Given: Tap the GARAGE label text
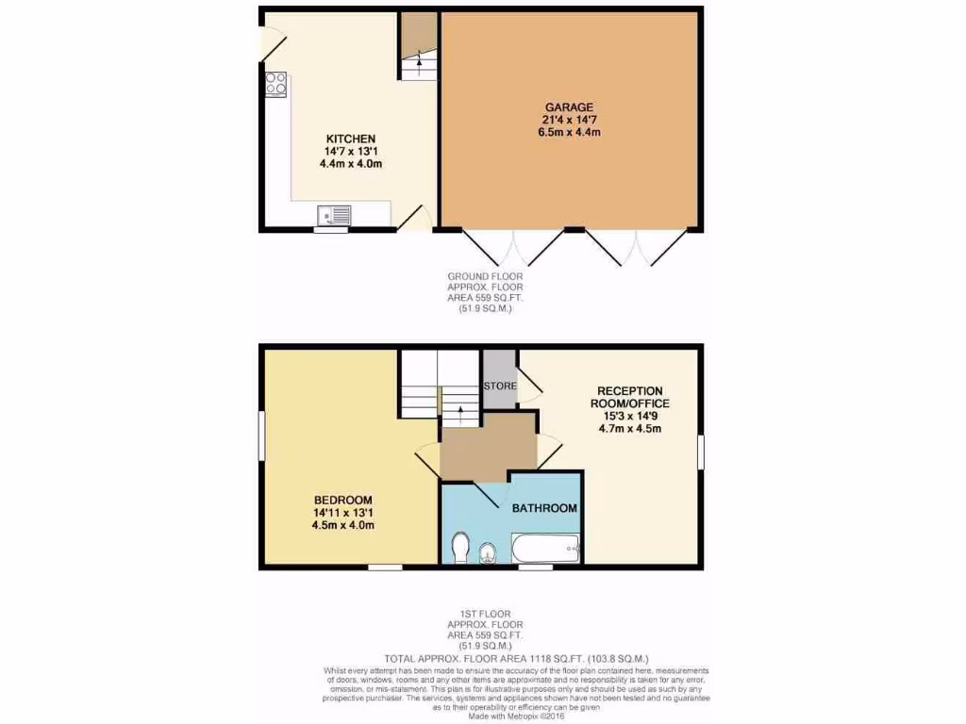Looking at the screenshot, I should (x=568, y=107).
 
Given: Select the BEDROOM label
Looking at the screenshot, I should (x=343, y=500).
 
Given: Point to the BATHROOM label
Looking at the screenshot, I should (x=544, y=508).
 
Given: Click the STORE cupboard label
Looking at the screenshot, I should (x=500, y=386).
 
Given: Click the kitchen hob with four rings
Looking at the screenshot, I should (x=276, y=84).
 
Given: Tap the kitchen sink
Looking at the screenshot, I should (x=334, y=216).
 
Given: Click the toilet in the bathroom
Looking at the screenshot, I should (x=461, y=548).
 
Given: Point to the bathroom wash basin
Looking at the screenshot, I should (x=487, y=551).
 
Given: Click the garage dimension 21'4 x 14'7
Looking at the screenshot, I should (x=568, y=120).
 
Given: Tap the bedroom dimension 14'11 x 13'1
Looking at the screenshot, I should (x=343, y=513).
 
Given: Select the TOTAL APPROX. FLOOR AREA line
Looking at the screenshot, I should (x=516, y=658).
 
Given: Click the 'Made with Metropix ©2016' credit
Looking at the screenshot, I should (x=517, y=716).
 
